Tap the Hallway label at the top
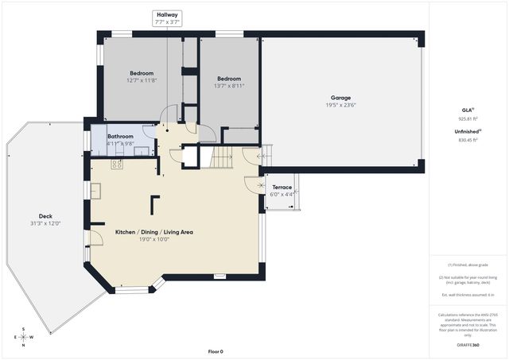[x=168, y=14]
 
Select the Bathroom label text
[x=120, y=136]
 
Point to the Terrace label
[x=282, y=188]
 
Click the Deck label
[x=45, y=215]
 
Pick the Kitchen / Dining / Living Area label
[x=155, y=232]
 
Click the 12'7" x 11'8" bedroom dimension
[x=142, y=80]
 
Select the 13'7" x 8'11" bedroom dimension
[x=229, y=86]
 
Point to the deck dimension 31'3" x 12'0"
[x=45, y=223]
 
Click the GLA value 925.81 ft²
[x=468, y=118]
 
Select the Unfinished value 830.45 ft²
[x=468, y=140]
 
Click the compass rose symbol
[x=23, y=336]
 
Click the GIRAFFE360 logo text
[x=468, y=346]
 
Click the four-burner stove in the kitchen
[x=117, y=165]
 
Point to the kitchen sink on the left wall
[x=95, y=191]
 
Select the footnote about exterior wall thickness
[x=468, y=295]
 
